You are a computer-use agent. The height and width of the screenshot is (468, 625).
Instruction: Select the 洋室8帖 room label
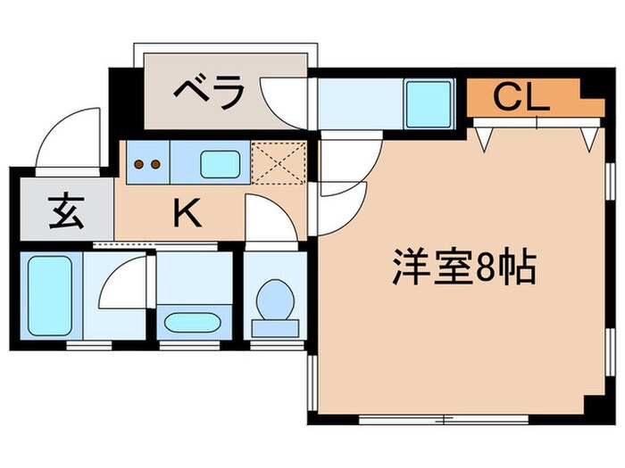pos(463,267)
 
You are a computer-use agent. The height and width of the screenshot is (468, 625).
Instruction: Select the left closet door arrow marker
pos(485,137)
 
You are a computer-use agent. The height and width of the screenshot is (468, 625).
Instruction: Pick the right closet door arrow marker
pos(588,137)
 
